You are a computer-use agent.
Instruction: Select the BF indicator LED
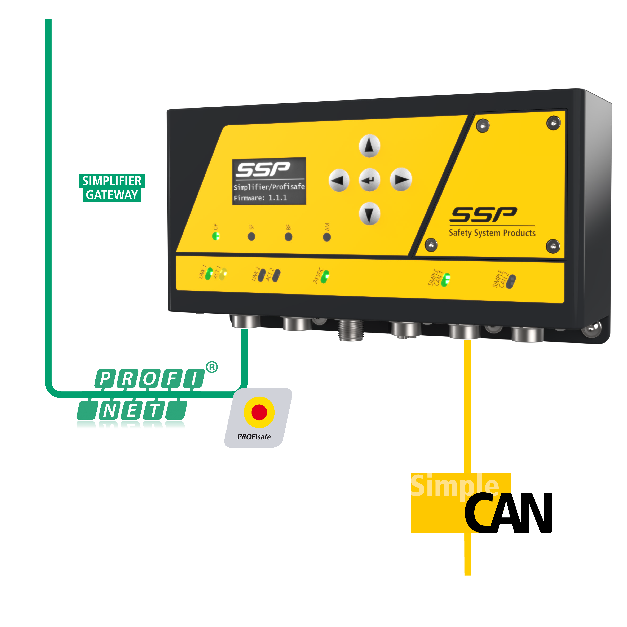coord(288,237)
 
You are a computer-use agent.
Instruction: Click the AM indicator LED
coord(327,237)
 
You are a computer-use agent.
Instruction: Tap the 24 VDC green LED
coord(325,277)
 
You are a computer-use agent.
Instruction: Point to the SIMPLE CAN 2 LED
coord(511,281)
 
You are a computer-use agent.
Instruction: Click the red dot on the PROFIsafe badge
coord(259,412)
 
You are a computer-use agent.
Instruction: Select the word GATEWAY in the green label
coord(112,195)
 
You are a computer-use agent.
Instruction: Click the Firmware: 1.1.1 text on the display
coord(260,198)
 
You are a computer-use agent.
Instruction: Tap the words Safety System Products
coord(492,233)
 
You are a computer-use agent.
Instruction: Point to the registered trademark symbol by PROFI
coord(212,367)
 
